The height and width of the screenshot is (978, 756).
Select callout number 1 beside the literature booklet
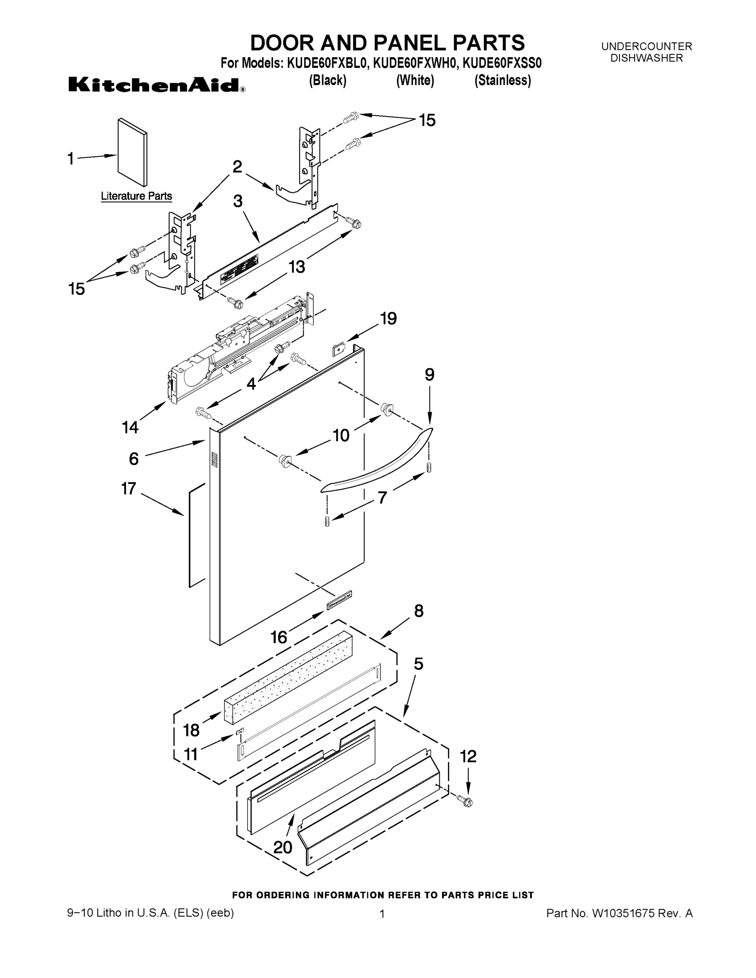click(x=71, y=159)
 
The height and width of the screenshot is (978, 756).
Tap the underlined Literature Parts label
click(x=136, y=196)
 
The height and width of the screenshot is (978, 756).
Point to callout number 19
click(x=388, y=318)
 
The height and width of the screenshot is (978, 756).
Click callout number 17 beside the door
click(x=128, y=489)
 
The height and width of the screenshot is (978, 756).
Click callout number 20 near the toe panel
click(x=282, y=847)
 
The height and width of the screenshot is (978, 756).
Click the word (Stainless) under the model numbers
click(x=503, y=81)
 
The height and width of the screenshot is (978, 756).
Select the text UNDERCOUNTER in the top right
click(x=646, y=46)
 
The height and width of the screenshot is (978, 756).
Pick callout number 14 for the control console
click(x=130, y=427)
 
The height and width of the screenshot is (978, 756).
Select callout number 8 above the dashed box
click(x=418, y=611)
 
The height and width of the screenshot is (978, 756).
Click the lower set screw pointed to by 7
click(x=327, y=522)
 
